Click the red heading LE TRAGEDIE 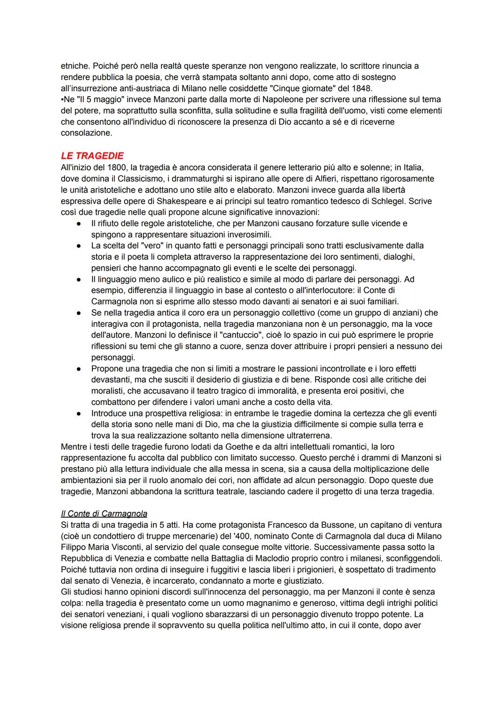[92, 156]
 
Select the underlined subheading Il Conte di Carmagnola [104, 513]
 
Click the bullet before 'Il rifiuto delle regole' [79, 223]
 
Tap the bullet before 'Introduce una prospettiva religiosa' [79, 413]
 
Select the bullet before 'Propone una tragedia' [79, 368]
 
